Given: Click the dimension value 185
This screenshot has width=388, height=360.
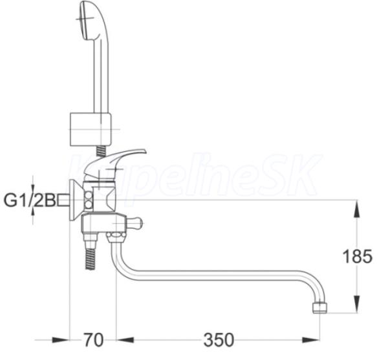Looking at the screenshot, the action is [x=358, y=256].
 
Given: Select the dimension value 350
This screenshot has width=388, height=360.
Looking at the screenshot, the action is [x=219, y=340].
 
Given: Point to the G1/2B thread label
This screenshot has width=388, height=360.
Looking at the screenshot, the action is [x=30, y=200].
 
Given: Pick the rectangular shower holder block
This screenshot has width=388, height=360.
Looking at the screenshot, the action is [x=91, y=129].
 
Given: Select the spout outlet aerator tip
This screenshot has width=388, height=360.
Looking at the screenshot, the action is [x=320, y=308].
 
